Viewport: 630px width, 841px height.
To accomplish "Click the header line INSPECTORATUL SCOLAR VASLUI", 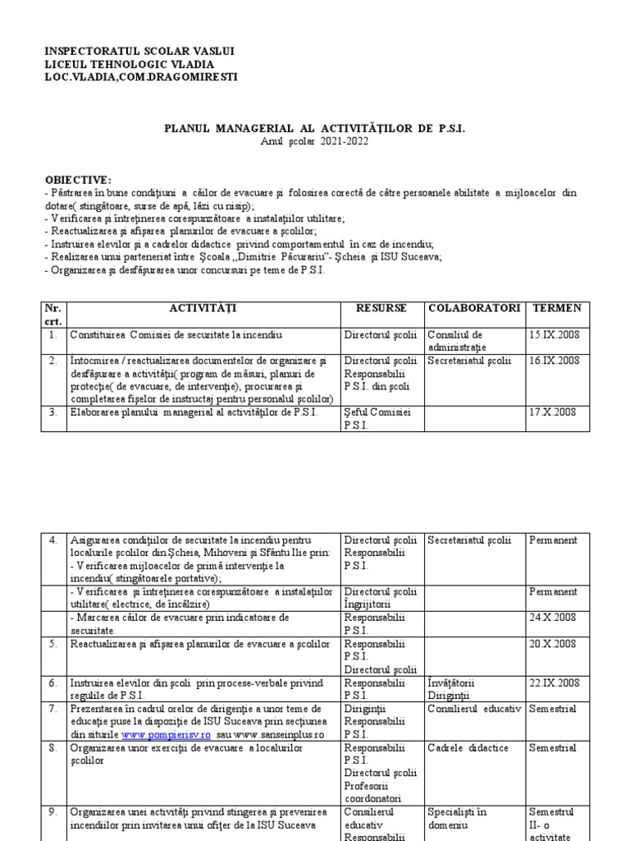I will pos(139,51).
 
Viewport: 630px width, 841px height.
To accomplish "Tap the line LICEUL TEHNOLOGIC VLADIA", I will pos(130,64).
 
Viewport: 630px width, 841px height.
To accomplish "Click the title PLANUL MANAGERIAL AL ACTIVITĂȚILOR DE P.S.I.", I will pos(315,130).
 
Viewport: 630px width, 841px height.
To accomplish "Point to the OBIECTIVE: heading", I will pos(80,180).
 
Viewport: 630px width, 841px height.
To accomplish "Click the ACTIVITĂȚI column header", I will pos(203,308).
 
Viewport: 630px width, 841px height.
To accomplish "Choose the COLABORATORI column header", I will pos(473,308).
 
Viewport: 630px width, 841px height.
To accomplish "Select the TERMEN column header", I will pos(557,308).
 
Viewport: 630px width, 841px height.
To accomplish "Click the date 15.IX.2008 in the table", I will pos(555,335).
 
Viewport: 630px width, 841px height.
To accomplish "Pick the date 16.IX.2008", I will pos(555,360).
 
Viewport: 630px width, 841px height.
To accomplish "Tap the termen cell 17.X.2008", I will pos(553,411).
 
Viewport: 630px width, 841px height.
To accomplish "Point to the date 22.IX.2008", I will pos(555,682).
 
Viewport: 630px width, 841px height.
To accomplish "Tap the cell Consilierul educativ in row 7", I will pos(475,709).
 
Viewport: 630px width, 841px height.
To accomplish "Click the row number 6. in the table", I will pos(52,682).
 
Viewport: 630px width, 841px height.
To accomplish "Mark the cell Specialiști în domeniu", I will pos(457,818).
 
